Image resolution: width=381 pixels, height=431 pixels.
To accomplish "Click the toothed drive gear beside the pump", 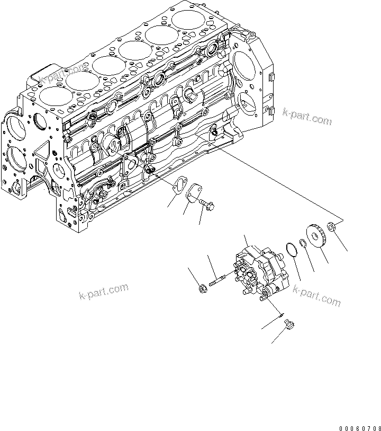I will [x=317, y=237].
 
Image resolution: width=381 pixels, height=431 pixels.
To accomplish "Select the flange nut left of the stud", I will [x=202, y=288].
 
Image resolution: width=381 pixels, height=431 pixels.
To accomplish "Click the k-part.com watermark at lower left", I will [x=103, y=292].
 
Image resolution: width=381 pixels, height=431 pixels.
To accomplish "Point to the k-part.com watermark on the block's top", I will [x=62, y=74].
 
